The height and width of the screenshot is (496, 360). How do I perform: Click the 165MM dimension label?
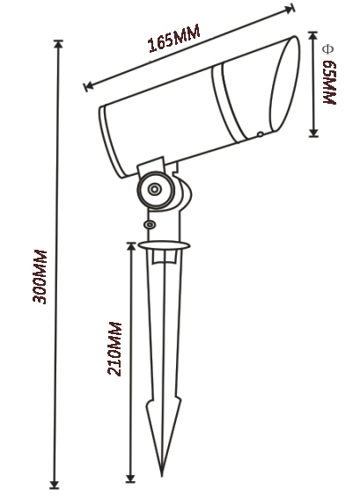174,40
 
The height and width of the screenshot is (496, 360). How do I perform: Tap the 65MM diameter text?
330,84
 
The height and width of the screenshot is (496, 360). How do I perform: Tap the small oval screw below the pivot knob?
149,224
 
